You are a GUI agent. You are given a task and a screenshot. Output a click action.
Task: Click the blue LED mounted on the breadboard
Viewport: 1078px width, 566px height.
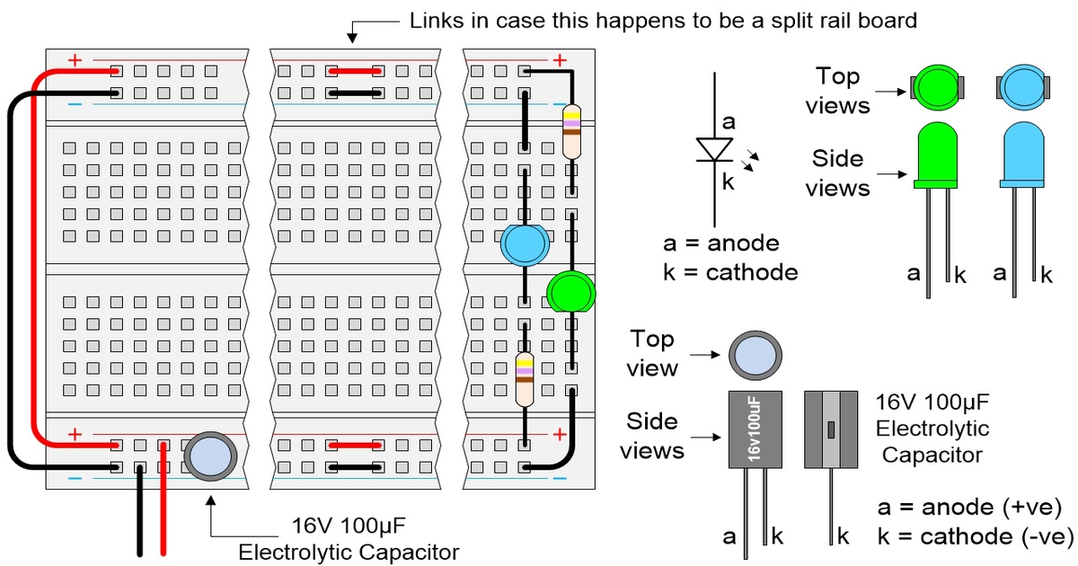pyautogui.click(x=524, y=244)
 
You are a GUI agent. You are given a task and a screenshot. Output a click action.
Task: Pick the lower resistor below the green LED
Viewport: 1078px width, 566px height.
pyautogui.click(x=524, y=378)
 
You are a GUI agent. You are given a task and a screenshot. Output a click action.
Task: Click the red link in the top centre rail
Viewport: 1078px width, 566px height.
pyautogui.click(x=354, y=70)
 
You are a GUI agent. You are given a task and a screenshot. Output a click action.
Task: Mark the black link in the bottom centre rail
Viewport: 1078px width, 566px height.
pyautogui.click(x=354, y=467)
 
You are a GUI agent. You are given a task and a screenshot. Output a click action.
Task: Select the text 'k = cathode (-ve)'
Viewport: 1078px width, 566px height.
pyautogui.click(x=976, y=537)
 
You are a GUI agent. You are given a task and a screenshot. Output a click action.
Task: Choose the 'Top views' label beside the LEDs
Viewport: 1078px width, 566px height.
pyautogui.click(x=837, y=91)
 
